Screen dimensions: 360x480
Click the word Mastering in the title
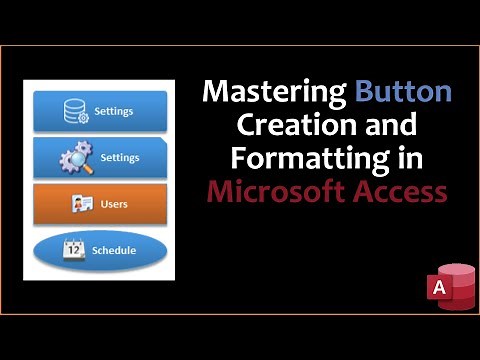(274, 94)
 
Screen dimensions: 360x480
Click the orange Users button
(100, 203)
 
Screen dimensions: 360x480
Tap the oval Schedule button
(100, 250)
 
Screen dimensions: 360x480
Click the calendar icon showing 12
(73, 250)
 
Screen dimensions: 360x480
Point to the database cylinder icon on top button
(75, 111)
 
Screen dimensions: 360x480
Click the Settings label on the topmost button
(114, 111)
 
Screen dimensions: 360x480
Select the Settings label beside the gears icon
(120, 157)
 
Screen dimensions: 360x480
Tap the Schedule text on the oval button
(114, 250)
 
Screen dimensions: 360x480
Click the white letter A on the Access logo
(436, 288)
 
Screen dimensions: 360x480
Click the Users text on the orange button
(114, 204)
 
